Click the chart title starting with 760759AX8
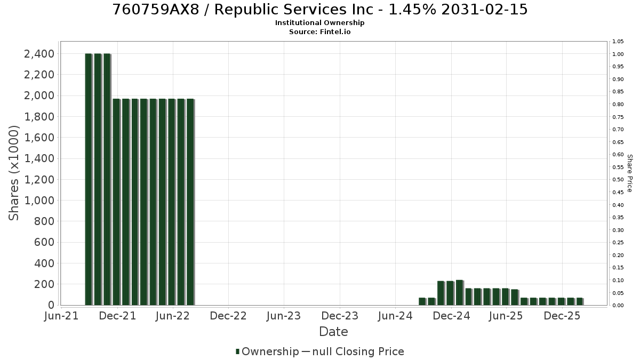pos(319,10)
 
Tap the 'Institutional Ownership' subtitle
pos(319,23)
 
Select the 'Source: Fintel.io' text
pos(319,31)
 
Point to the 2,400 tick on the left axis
pos(39,54)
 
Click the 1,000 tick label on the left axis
pos(39,201)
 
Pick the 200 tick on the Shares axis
pos(44,284)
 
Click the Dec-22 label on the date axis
pos(228,316)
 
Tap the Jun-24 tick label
pos(395,316)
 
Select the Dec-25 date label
pos(562,316)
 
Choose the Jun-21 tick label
pos(61,316)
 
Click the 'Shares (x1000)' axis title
pos(14,173)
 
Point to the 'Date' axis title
pos(333,332)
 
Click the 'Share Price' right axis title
pos(630,173)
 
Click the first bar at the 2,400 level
pos(89,179)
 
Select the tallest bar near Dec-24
pos(460,293)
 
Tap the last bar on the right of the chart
pos(580,301)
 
